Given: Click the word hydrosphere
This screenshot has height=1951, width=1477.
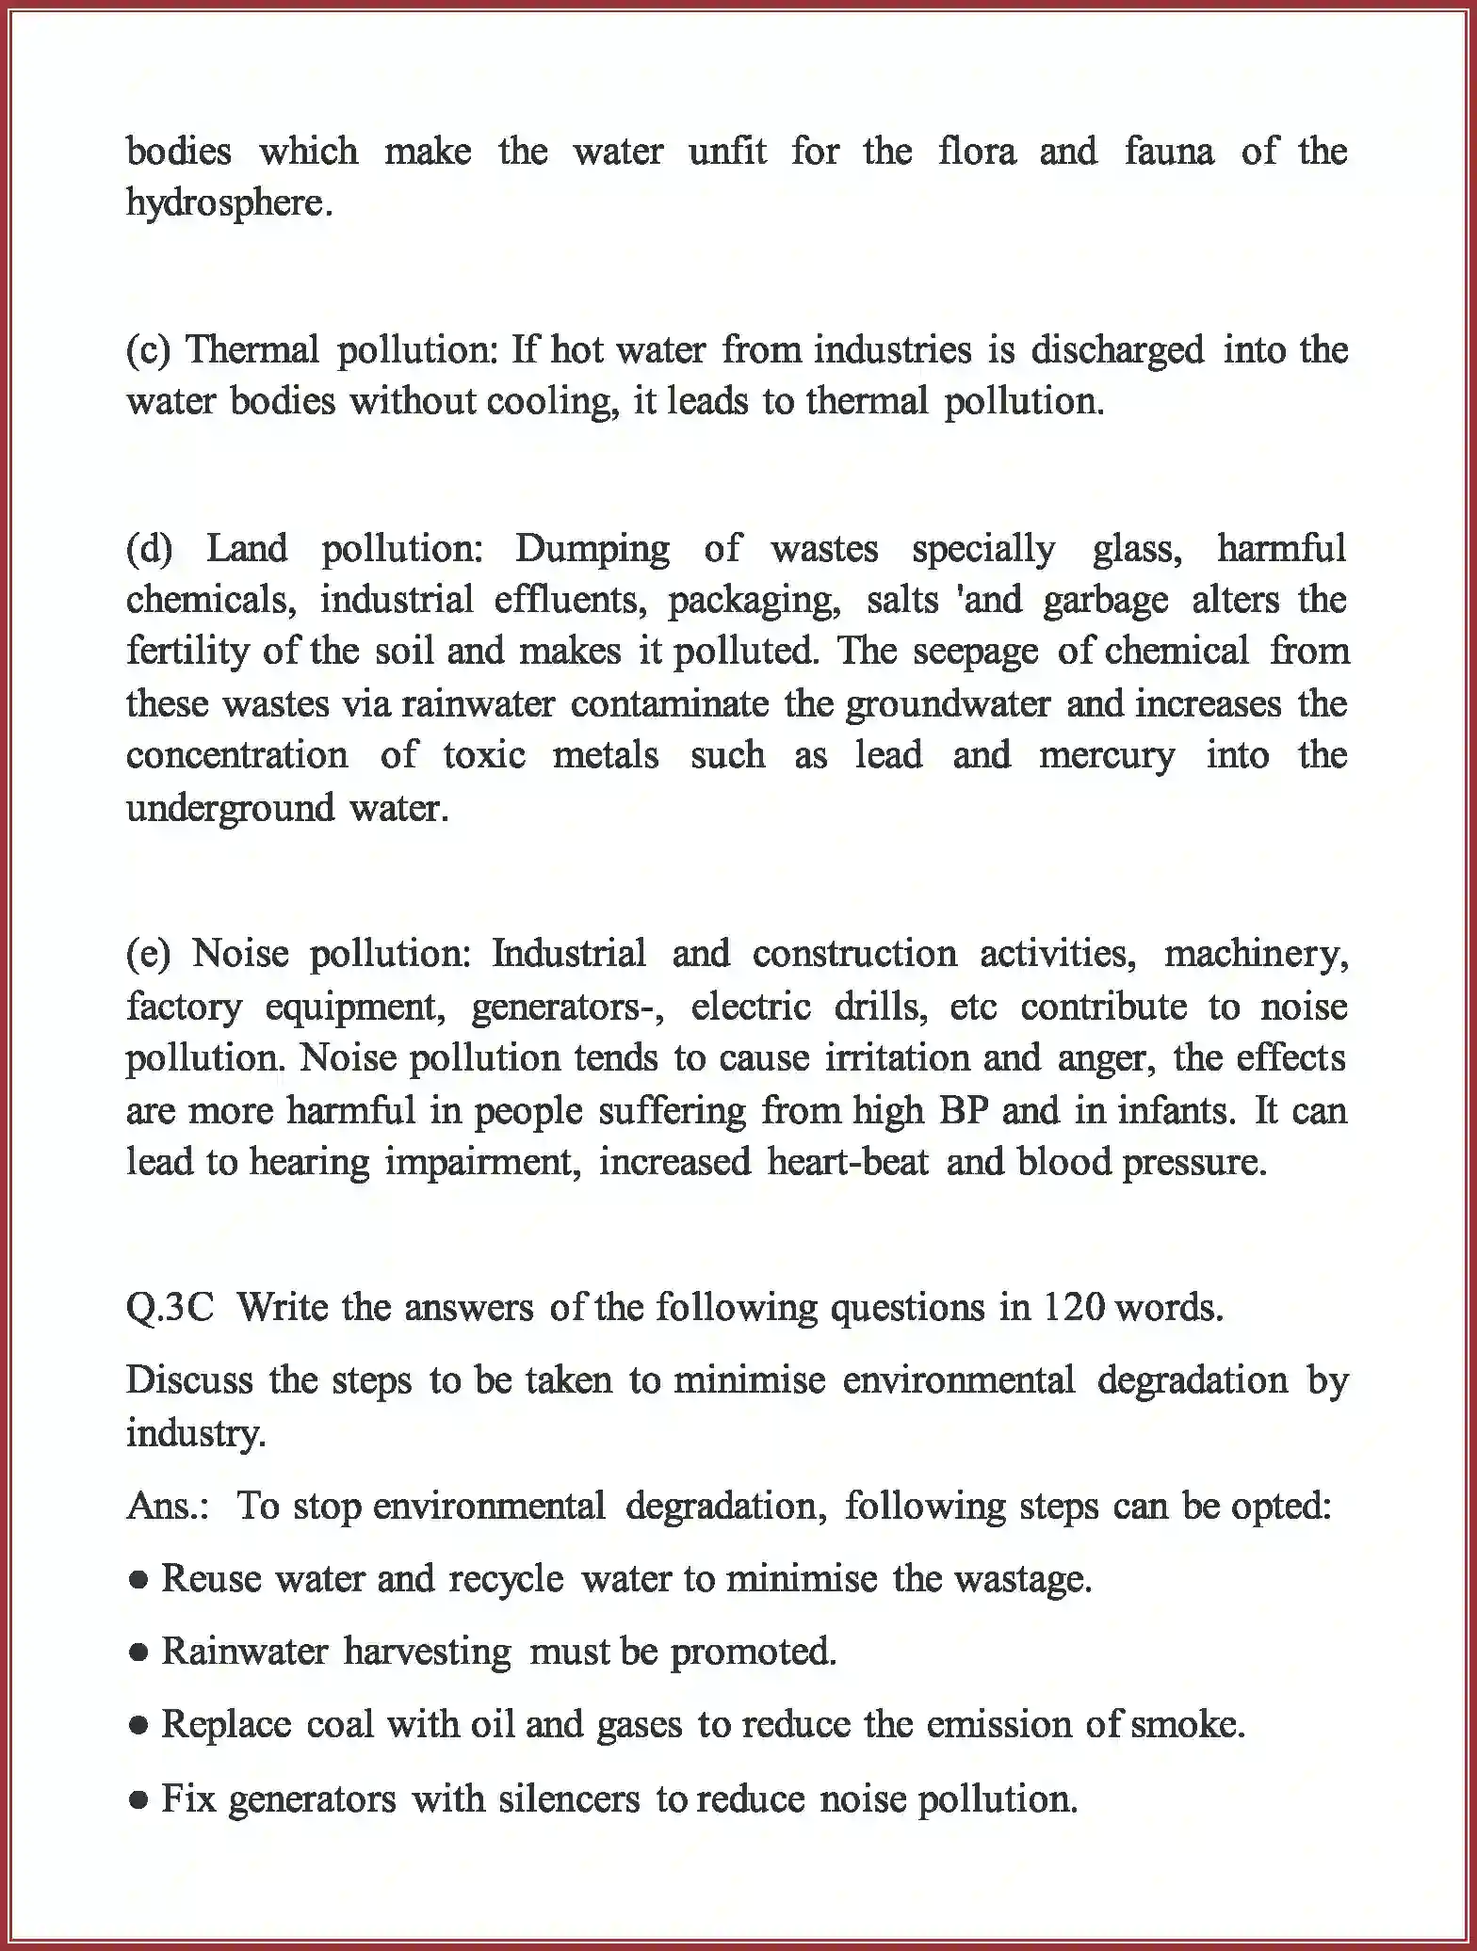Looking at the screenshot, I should [x=229, y=203].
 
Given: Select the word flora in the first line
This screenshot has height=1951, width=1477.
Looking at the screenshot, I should [x=977, y=151].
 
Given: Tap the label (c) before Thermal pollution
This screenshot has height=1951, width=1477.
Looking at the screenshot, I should [x=148, y=350].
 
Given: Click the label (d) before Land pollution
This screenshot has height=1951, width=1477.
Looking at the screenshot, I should [x=149, y=548].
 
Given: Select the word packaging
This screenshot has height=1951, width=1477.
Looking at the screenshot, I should [x=754, y=601].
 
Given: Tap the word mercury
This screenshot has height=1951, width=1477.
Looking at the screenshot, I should [x=1107, y=755].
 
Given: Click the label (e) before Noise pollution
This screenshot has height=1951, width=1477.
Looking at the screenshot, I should [x=148, y=954].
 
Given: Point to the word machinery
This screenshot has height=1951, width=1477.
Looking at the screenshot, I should [x=1256, y=954].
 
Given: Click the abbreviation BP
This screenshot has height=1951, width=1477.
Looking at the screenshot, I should [x=963, y=1110].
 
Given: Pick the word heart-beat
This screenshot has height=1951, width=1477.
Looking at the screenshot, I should [x=848, y=1162].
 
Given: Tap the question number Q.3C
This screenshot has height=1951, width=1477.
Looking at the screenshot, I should [x=170, y=1308].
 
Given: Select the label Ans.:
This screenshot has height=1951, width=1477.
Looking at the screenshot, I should [x=169, y=1506].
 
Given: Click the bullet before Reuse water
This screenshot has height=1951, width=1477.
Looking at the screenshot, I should [x=138, y=1579].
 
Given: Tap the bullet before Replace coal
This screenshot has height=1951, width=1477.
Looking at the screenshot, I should [x=138, y=1726].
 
